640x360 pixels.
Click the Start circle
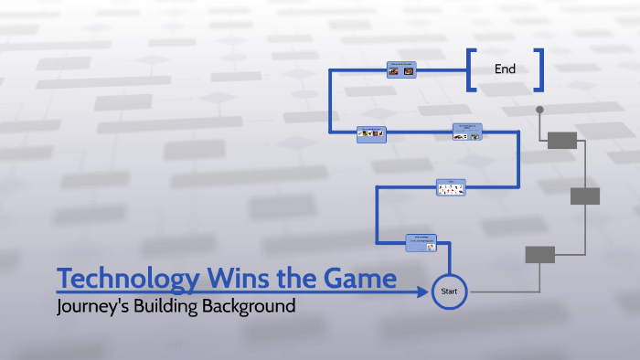click(449, 291)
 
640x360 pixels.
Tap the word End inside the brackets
click(505, 69)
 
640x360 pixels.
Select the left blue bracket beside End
click(472, 70)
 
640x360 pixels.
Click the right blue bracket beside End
click(539, 70)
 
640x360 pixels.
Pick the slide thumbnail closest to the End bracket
click(402, 69)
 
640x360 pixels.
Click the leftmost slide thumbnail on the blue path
click(371, 133)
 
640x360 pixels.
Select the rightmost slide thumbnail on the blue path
click(466, 133)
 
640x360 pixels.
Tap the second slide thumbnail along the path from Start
click(450, 187)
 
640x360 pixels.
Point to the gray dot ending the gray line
click(539, 110)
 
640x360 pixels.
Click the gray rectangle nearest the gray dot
click(562, 140)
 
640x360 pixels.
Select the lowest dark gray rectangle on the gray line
click(539, 254)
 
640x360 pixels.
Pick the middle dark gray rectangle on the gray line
click(585, 196)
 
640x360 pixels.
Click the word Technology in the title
click(115, 278)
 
